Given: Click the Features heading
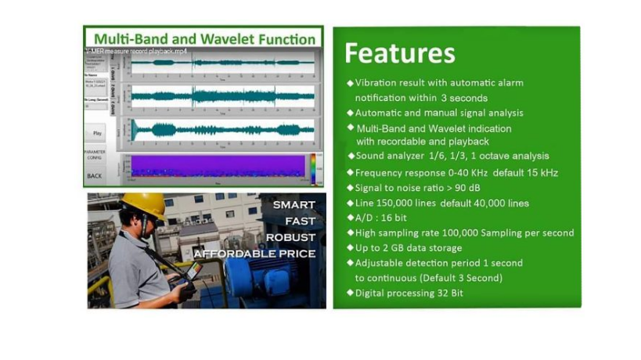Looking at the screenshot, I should click(400, 53).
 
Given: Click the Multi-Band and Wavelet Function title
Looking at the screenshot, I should click(204, 38).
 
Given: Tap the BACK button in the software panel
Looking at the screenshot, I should click(95, 175).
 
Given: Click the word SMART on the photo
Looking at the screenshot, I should click(293, 205).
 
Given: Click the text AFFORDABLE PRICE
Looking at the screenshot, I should click(254, 254).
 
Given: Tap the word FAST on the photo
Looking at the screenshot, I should click(299, 221).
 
